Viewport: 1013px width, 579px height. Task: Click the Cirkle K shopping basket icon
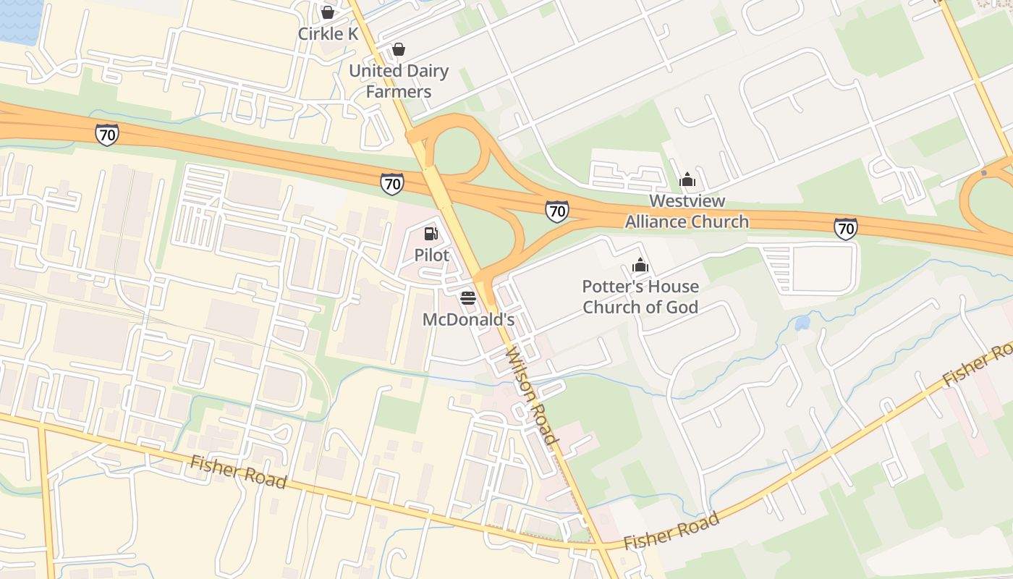[x=328, y=12]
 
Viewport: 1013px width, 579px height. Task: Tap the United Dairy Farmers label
[x=399, y=81]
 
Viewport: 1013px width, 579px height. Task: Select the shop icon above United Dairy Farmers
[x=398, y=49]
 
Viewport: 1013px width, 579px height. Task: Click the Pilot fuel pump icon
[x=431, y=233]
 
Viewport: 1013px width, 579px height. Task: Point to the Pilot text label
[x=431, y=255]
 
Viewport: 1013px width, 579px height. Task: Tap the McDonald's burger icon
[x=468, y=297]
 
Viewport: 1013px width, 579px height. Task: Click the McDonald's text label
[x=468, y=319]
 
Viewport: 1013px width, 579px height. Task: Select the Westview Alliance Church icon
[x=687, y=179]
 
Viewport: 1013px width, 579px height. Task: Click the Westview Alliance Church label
[x=687, y=211]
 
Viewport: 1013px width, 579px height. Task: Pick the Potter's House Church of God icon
[x=640, y=265]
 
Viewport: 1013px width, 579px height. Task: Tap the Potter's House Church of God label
[x=640, y=297]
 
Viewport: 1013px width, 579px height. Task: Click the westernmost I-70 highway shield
[x=106, y=134]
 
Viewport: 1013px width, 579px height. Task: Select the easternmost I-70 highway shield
[x=845, y=229]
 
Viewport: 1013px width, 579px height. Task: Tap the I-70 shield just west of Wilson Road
[x=391, y=184]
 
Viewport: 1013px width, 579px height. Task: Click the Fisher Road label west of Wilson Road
[x=238, y=472]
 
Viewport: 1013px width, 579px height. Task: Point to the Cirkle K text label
[x=328, y=34]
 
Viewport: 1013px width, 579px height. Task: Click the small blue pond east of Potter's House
[x=802, y=323]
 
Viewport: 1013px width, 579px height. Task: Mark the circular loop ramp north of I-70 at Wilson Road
[x=456, y=149]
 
